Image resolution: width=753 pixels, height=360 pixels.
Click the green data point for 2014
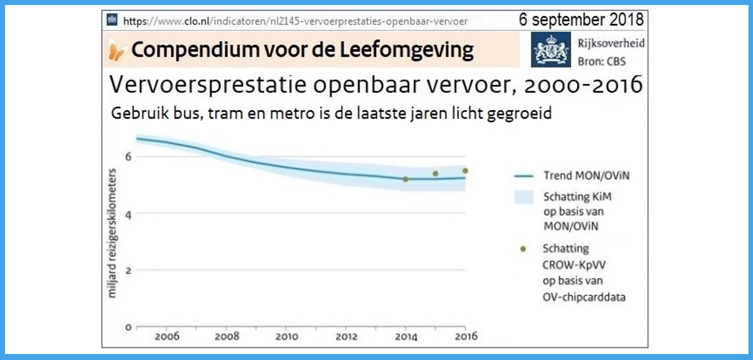tap(406, 179)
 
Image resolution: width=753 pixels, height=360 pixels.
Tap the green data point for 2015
tap(435, 174)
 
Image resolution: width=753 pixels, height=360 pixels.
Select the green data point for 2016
tap(465, 171)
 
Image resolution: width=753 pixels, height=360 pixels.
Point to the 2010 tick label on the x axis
tap(287, 336)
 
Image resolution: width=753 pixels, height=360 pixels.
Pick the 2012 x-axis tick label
tap(346, 336)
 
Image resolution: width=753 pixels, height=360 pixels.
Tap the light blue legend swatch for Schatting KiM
tap(524, 197)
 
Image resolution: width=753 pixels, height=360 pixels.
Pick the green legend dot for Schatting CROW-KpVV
tap(523, 249)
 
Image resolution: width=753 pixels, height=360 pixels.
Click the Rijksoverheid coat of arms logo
tap(551, 49)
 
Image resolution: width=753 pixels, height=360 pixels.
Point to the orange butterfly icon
tap(116, 51)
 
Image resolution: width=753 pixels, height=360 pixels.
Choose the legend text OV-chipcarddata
tap(584, 297)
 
